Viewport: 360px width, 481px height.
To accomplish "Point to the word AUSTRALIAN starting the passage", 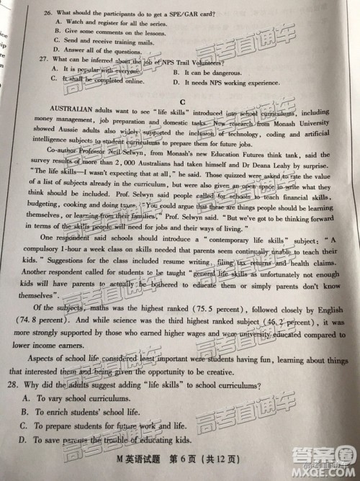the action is click(x=57, y=114).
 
